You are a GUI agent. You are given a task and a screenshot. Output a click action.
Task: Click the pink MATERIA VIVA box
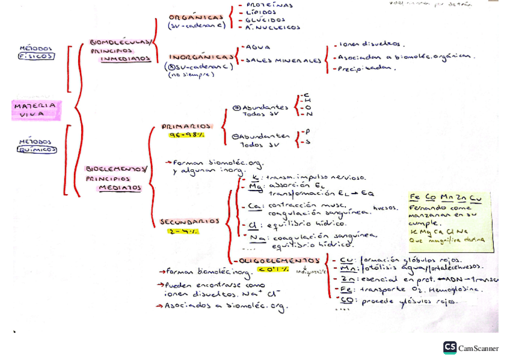(36, 109)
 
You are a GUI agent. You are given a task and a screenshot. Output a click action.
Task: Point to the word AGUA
(258, 47)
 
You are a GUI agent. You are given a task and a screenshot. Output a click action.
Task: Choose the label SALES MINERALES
(283, 61)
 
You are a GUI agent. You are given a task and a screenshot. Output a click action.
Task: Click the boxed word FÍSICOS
(36, 56)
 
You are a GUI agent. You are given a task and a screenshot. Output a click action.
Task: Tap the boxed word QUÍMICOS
(37, 150)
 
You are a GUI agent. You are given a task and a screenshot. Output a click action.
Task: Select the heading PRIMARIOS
(187, 127)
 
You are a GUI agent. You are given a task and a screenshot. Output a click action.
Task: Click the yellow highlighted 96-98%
(186, 135)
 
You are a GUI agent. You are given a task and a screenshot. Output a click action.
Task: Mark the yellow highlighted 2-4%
(184, 231)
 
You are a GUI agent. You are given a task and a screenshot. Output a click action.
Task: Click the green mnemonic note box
(450, 222)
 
